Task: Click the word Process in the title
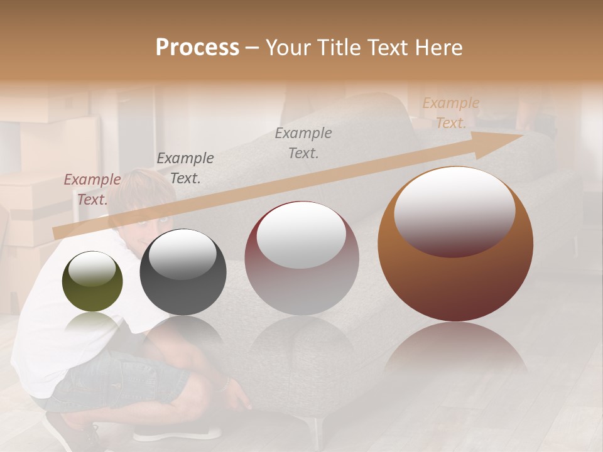[197, 48]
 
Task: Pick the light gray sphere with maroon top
[301, 258]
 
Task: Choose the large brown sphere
[455, 245]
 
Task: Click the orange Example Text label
[450, 113]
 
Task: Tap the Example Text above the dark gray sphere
[185, 168]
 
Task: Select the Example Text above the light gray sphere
[303, 143]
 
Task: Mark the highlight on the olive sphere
[92, 269]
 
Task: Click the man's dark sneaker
[75, 436]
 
